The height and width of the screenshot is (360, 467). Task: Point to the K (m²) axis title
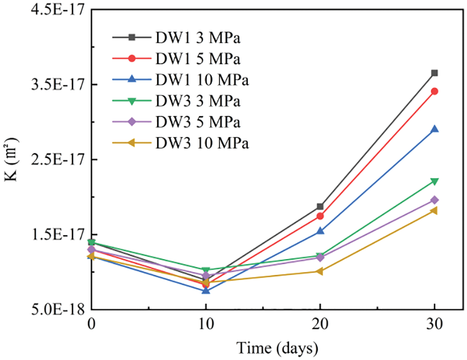click(x=12, y=159)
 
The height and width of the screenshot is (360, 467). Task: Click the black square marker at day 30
click(x=434, y=73)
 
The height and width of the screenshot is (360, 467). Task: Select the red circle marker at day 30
click(x=434, y=91)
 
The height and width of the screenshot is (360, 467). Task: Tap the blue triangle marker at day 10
click(x=205, y=290)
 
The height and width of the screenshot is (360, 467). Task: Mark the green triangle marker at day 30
click(x=434, y=181)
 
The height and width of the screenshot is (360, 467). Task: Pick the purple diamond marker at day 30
click(x=434, y=200)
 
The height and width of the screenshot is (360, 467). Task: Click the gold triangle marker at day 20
click(x=320, y=271)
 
